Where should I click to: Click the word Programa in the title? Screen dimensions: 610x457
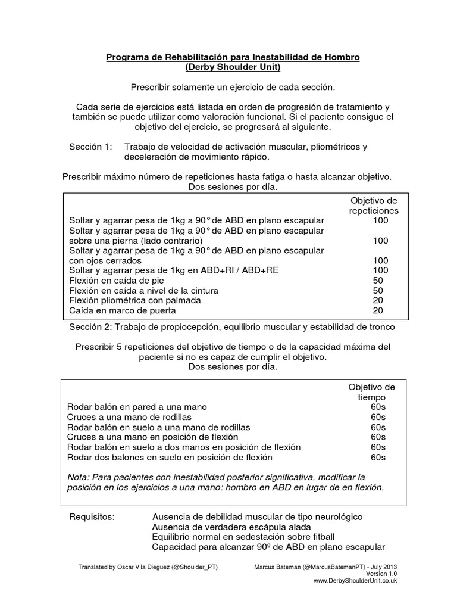click(x=127, y=57)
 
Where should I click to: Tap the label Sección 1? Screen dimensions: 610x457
click(x=90, y=147)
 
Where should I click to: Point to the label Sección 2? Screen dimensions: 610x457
click(x=90, y=327)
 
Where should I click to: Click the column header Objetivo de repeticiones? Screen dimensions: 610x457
click(x=373, y=206)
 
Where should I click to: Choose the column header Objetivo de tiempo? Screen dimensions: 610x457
click(x=371, y=392)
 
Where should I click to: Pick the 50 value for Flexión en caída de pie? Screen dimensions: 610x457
click(x=377, y=280)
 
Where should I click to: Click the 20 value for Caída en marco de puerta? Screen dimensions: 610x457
click(x=377, y=310)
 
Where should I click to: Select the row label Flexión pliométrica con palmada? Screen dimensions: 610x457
click(x=135, y=300)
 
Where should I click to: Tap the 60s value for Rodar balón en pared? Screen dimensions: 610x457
click(x=378, y=407)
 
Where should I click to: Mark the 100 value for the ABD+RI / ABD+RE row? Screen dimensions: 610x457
click(x=380, y=270)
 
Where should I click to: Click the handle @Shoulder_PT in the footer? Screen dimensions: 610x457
click(x=193, y=567)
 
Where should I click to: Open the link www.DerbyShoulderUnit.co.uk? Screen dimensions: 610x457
click(x=355, y=581)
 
